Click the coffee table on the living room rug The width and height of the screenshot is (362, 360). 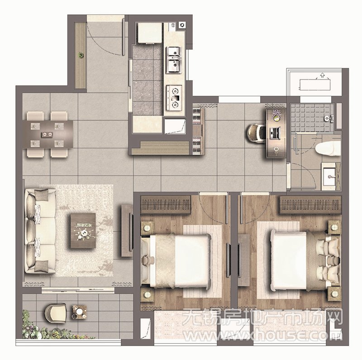(83, 231)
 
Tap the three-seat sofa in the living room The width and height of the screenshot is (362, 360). (40, 231)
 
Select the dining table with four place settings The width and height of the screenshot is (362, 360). (48, 134)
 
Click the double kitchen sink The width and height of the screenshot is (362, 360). (174, 60)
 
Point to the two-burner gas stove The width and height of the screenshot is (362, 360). (174, 97)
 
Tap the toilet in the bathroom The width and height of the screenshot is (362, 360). (328, 148)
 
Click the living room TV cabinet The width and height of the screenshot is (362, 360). (127, 230)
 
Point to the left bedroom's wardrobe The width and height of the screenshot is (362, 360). (166, 204)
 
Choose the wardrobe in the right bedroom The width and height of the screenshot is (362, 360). (310, 205)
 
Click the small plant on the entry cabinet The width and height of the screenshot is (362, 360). (81, 55)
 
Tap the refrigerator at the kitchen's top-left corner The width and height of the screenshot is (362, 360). (150, 33)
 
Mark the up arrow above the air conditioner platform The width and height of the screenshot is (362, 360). (322, 75)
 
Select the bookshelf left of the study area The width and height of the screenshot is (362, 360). (199, 131)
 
